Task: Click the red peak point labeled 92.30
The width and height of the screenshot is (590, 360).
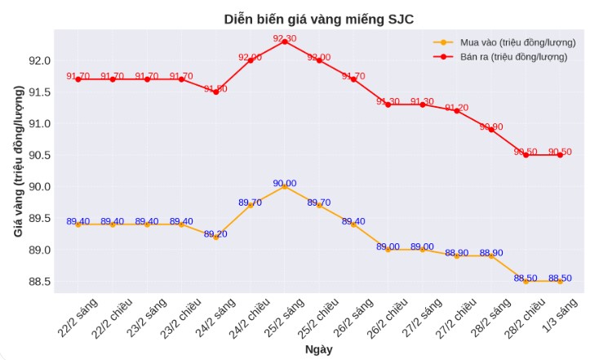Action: click(285, 41)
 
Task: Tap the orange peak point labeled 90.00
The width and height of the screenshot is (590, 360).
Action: click(285, 186)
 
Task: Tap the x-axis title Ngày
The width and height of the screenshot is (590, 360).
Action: click(318, 349)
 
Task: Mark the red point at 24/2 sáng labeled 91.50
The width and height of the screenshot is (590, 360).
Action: click(216, 92)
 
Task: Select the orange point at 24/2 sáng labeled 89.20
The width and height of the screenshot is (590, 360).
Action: click(216, 237)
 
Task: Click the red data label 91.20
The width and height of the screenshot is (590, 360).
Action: click(457, 108)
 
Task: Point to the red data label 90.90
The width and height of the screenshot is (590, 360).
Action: click(491, 127)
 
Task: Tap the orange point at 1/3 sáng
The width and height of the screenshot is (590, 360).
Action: click(560, 281)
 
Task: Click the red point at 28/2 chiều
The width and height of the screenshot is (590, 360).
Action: click(526, 155)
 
